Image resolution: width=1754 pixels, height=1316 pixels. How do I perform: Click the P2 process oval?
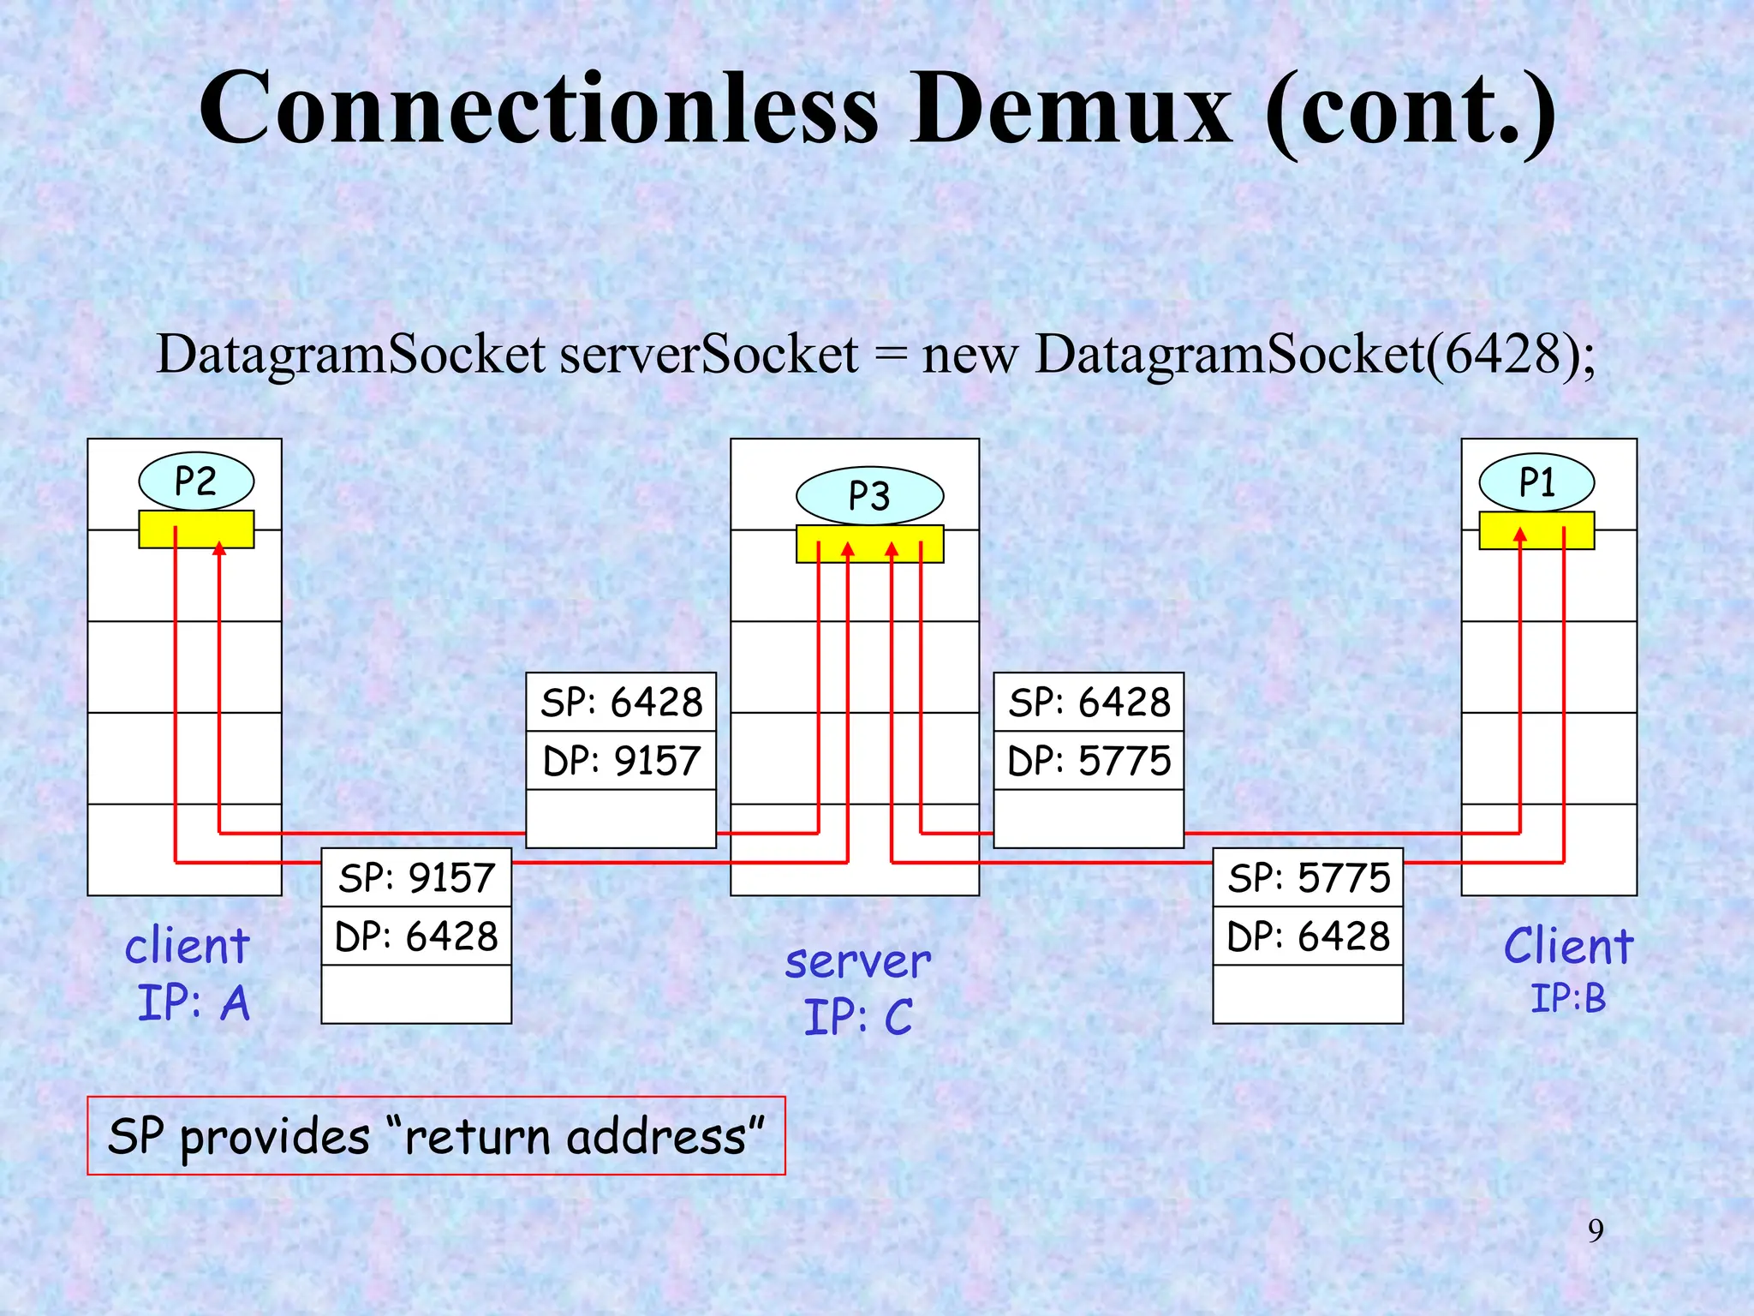coord(196,482)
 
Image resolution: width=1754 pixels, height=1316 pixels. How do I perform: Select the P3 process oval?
coord(869,496)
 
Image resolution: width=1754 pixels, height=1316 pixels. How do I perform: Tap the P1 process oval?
coord(1536,482)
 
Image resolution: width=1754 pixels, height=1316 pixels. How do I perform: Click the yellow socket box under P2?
coord(196,529)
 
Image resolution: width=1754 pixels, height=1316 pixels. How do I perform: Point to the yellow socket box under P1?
coord(1536,530)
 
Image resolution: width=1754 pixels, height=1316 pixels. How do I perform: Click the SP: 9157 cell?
coord(416,877)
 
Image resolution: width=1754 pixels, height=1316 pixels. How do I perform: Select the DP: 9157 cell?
coord(621,760)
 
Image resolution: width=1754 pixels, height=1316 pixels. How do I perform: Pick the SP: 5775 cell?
coord(1308,877)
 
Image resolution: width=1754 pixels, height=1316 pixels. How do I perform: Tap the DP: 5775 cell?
coord(1089,760)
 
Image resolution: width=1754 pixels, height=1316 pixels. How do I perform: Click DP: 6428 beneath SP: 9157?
coord(416,936)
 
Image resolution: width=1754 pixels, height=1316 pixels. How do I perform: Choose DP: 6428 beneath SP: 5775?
coord(1308,936)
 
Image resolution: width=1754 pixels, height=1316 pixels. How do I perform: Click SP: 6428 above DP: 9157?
coord(621,702)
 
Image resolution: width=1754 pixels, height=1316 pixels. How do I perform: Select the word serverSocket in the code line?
coord(708,354)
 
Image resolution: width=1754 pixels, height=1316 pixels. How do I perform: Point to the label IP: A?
coord(194,1002)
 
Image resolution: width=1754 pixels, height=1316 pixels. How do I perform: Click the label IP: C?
coord(858,1017)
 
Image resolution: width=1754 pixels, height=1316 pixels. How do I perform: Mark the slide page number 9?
coord(1596,1230)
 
